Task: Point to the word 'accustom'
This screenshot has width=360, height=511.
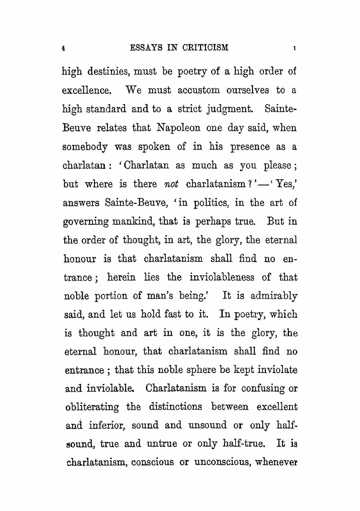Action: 198,90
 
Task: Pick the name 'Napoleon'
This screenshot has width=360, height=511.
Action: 178,128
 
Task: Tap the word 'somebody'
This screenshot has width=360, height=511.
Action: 85,147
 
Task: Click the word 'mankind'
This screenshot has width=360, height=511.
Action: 134,221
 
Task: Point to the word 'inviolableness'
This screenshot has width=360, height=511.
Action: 222,277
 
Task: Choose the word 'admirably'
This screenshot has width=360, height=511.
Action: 274,296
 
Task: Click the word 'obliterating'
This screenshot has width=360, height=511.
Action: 92,407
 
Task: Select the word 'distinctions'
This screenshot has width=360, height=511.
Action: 175,407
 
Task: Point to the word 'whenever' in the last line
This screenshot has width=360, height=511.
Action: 276,462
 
